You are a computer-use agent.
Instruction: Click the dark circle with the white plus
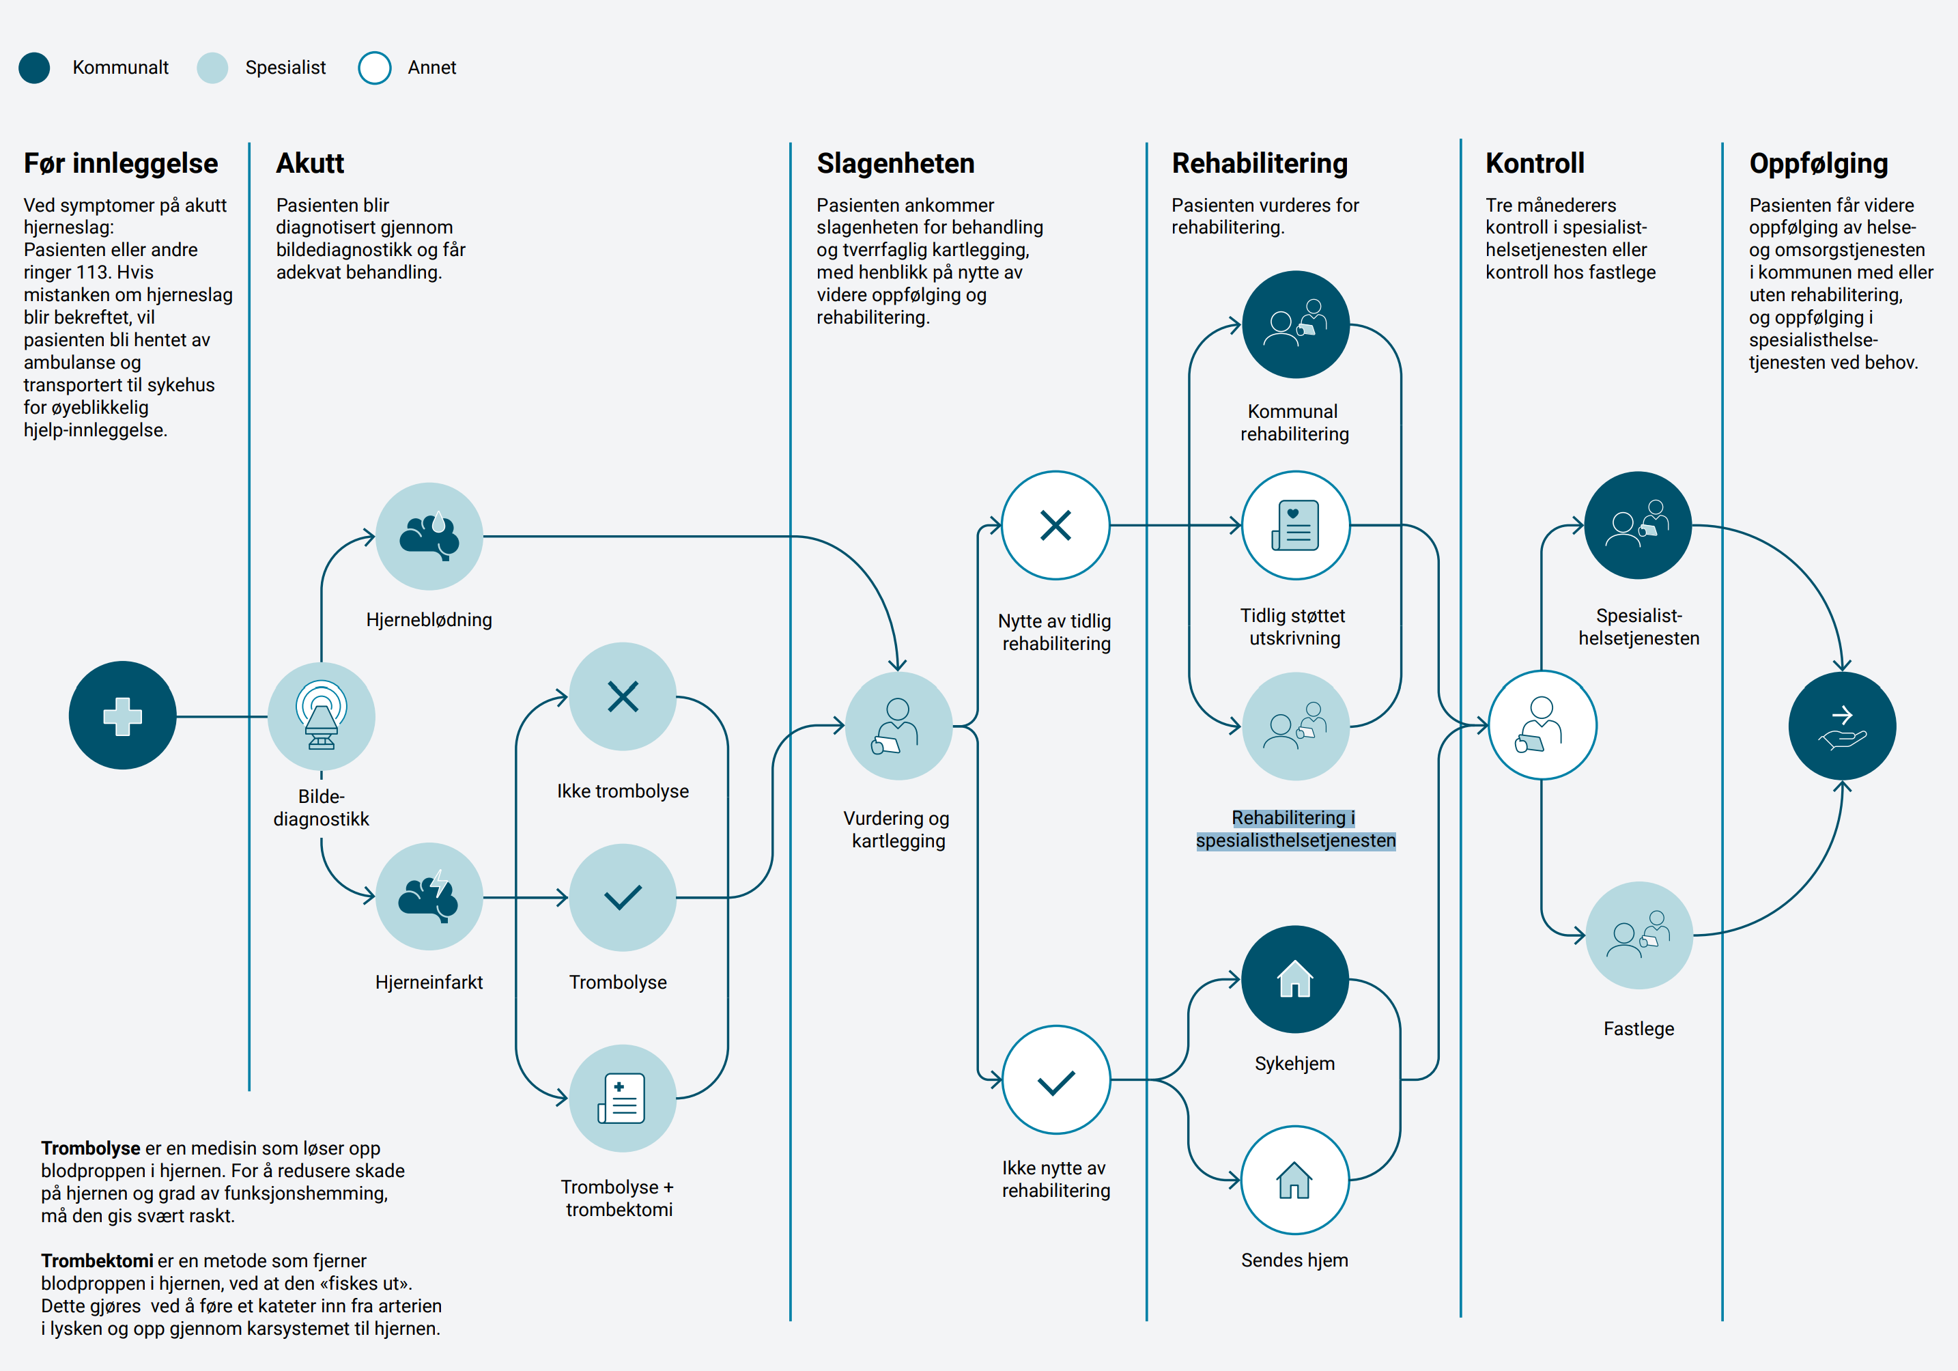[x=123, y=716]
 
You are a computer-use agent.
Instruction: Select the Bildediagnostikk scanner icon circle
[x=322, y=716]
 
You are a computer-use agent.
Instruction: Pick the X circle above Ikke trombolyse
[x=623, y=696]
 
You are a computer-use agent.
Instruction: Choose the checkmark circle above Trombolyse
[x=623, y=897]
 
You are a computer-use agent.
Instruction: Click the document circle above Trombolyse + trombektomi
[x=623, y=1098]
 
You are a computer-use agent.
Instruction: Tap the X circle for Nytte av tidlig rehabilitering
[x=1055, y=525]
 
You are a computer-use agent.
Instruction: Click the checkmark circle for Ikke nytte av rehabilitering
[x=1055, y=1080]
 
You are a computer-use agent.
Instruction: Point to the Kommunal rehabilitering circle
[x=1295, y=325]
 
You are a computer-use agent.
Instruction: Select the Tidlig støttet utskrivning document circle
[x=1295, y=525]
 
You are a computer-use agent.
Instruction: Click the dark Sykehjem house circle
[x=1294, y=980]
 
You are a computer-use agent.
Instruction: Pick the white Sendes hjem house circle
[x=1294, y=1180]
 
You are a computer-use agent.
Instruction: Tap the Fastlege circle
[x=1638, y=935]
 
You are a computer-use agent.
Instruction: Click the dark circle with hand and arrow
[x=1842, y=726]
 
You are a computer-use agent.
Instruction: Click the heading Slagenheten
[x=896, y=163]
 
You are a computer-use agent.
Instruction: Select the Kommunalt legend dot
[x=34, y=68]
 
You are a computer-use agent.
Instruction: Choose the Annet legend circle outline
[x=374, y=68]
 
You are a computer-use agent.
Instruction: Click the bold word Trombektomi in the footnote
[x=96, y=1260]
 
